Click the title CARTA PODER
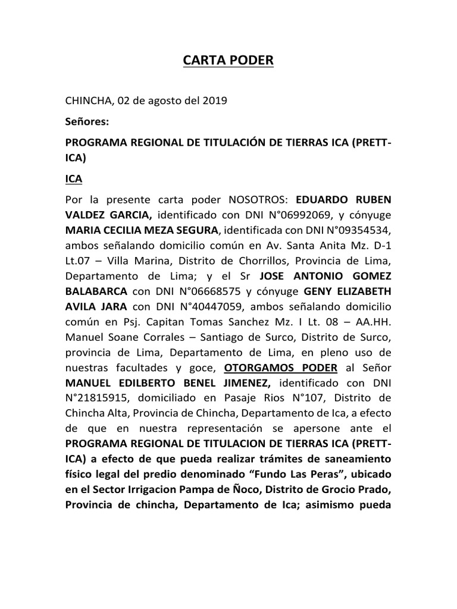228,61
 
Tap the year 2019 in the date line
215,101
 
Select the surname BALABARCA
96,291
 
